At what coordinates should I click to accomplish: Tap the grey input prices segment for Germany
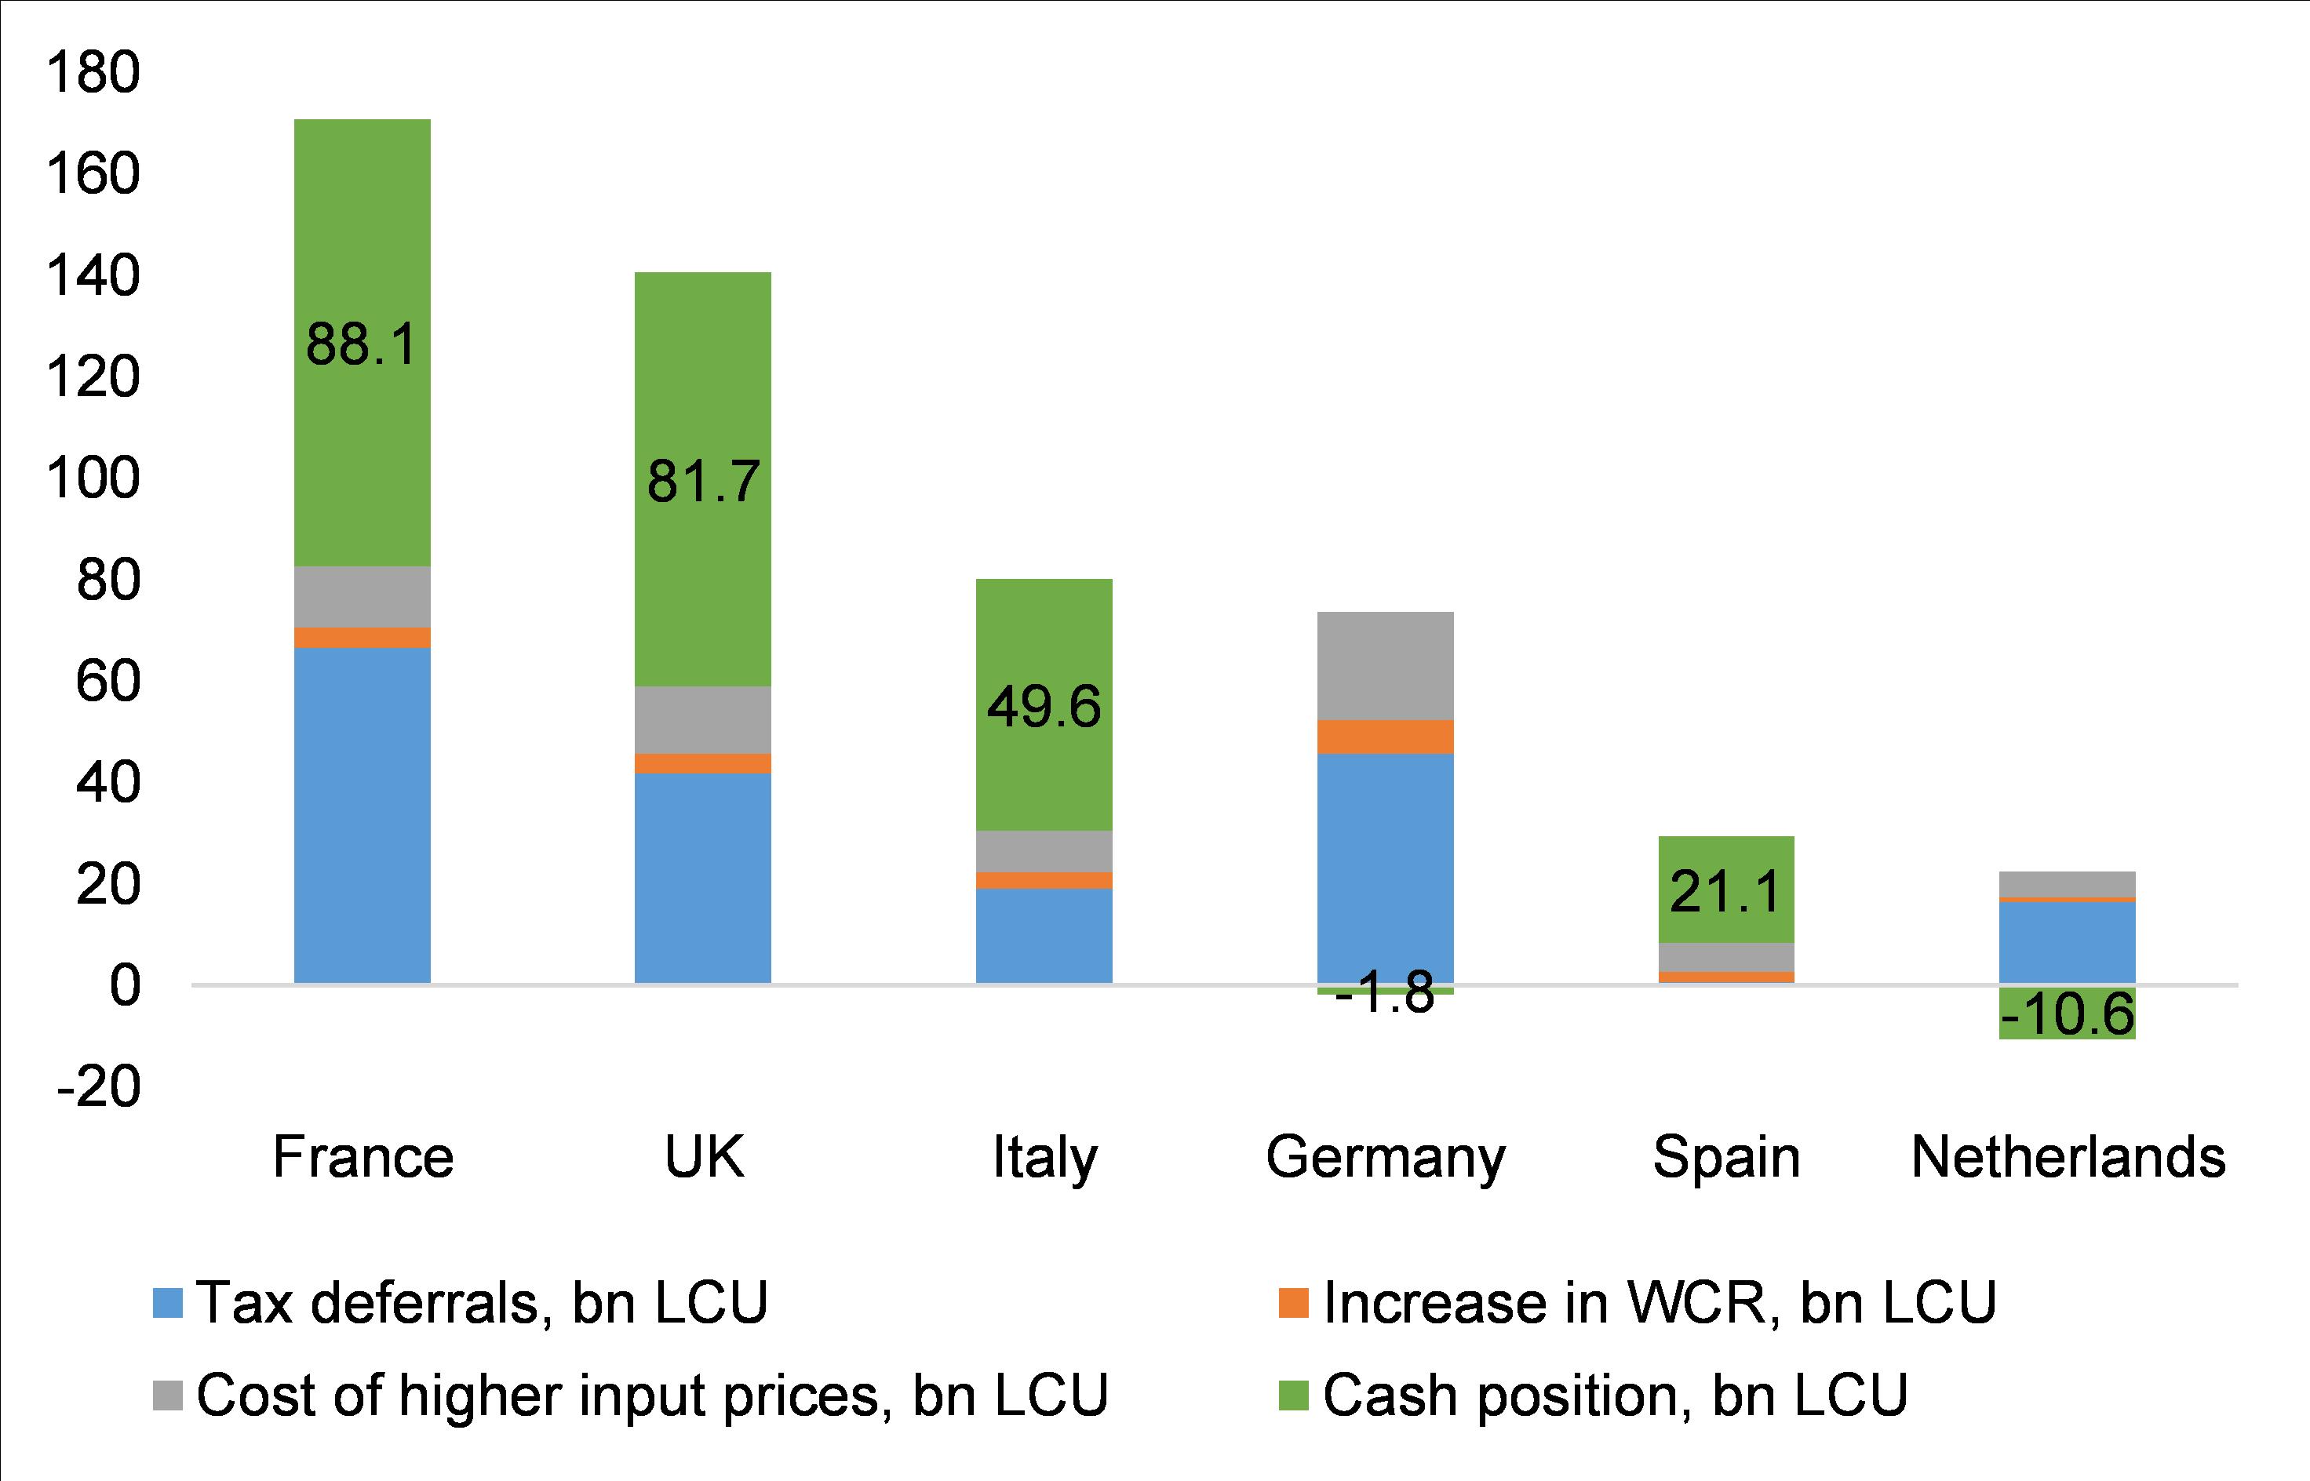(x=1385, y=665)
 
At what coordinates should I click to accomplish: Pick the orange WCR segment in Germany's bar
(x=1385, y=737)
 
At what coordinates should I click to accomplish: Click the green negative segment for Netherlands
(x=2068, y=1013)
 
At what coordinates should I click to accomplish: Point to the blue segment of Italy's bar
(x=1044, y=935)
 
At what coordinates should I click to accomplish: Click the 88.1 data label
(x=362, y=344)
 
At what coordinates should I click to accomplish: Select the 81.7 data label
(x=703, y=481)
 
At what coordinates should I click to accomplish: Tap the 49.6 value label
(x=1044, y=708)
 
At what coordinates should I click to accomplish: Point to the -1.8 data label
(x=1385, y=993)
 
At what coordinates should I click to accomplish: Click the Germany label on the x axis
(x=1385, y=1158)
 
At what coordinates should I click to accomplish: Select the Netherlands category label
(x=2068, y=1158)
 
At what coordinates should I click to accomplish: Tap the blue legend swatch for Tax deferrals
(x=167, y=1303)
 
